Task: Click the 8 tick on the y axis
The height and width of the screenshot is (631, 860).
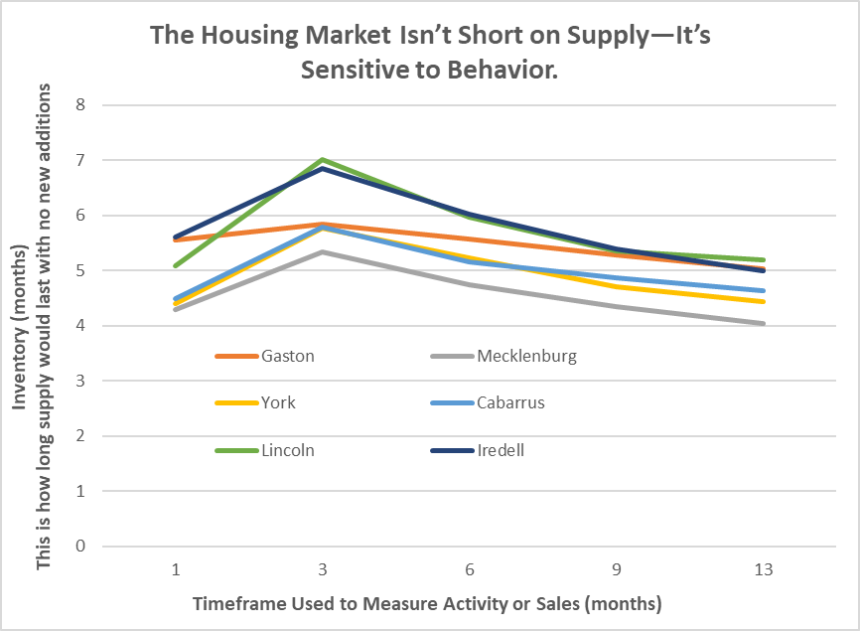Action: (x=80, y=104)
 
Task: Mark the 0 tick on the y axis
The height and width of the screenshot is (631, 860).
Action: (x=80, y=547)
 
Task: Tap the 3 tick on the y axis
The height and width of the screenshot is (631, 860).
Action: (x=80, y=381)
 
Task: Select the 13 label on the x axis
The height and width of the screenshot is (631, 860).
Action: (x=763, y=571)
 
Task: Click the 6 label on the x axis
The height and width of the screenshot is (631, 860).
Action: (x=470, y=571)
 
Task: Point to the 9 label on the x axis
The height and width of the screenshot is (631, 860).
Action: (x=617, y=571)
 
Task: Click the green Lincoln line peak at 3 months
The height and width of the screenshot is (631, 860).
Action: (x=323, y=159)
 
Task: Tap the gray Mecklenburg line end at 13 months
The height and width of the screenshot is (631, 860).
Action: (x=763, y=323)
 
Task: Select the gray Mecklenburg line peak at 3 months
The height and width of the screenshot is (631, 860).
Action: (x=323, y=251)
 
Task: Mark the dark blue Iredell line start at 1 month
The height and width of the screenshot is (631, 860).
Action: (x=176, y=237)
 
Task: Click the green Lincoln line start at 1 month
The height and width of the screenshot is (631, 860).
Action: (x=176, y=265)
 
